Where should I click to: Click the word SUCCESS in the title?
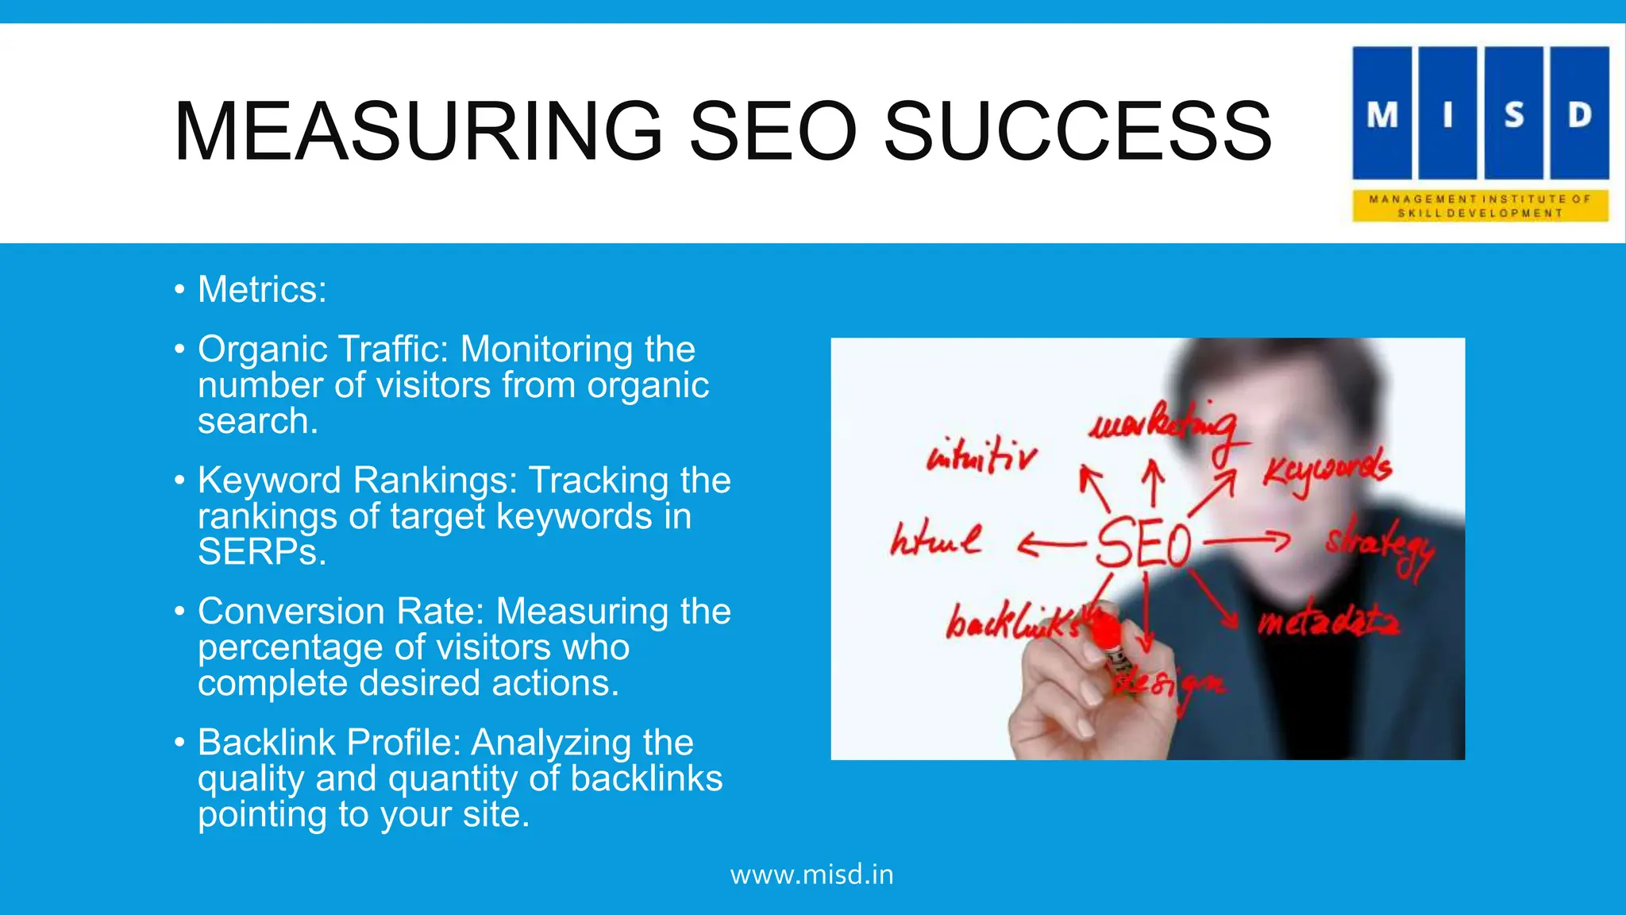(x=1077, y=131)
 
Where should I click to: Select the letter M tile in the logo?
(x=1382, y=114)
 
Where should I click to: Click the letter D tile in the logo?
(x=1580, y=114)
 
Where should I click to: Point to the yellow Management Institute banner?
(x=1481, y=206)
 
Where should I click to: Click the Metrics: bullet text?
(x=262, y=289)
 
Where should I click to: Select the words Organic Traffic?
(x=322, y=349)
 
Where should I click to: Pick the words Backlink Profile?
(x=329, y=743)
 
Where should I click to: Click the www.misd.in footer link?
(x=812, y=874)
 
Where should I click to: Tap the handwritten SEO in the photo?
(x=1144, y=542)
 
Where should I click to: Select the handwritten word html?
(x=935, y=540)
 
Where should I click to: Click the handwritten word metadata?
(x=1329, y=622)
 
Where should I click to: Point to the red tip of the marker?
(x=1106, y=632)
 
